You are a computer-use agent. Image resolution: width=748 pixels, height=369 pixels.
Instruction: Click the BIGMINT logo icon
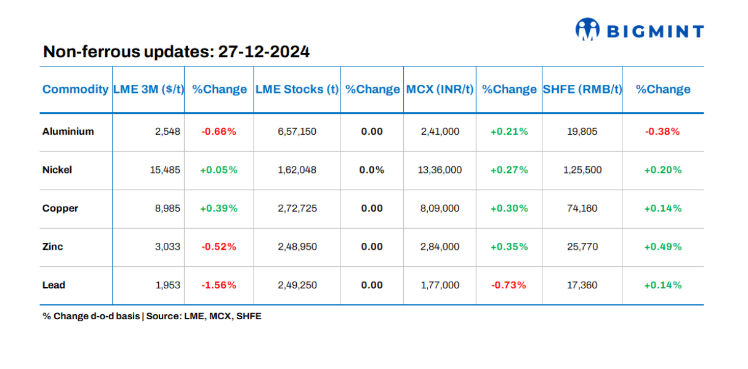[x=587, y=30]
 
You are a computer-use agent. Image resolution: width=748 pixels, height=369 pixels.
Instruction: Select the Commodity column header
[x=75, y=89]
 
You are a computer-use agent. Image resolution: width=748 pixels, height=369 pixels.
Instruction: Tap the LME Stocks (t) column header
[x=297, y=89]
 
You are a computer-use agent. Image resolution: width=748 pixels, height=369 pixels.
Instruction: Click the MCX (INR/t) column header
[x=440, y=89]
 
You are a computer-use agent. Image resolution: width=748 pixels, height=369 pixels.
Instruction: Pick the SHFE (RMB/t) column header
[x=582, y=89]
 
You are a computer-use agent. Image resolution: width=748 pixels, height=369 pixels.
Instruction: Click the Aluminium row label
[x=68, y=131]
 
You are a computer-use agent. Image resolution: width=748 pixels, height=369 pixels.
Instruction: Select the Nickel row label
[x=57, y=170]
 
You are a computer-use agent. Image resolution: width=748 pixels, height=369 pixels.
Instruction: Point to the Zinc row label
[x=53, y=247]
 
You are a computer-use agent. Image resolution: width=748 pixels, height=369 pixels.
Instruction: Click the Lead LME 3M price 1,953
[x=169, y=285]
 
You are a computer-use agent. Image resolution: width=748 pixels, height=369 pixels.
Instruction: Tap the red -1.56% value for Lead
[x=219, y=285]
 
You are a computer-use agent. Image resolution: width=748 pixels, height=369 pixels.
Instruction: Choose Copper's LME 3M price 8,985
[x=169, y=208]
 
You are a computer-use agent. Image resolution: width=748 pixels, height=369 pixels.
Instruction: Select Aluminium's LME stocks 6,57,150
[x=297, y=131]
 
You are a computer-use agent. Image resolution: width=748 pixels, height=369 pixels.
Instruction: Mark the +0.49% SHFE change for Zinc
[x=662, y=247]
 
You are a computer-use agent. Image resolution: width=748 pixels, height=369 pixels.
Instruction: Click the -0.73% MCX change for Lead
[x=509, y=285]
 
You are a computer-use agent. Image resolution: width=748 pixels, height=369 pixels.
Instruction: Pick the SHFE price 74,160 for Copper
[x=582, y=208]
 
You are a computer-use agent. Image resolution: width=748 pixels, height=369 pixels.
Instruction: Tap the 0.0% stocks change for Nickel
[x=372, y=170]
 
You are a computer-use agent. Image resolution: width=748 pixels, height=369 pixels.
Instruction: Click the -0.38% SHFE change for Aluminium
[x=662, y=131]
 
